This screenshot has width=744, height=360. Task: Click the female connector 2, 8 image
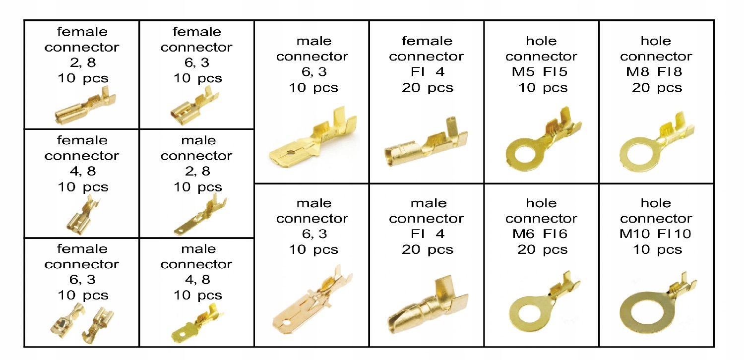point(81,108)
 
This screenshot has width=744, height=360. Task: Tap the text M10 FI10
point(656,234)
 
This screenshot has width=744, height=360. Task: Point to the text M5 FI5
point(542,72)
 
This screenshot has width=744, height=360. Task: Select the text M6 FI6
point(542,234)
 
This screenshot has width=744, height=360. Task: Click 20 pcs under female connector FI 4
point(427,88)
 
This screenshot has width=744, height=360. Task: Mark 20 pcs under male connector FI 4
point(427,250)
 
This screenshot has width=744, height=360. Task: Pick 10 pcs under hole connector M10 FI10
point(657,250)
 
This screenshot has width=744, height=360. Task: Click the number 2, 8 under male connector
point(196,172)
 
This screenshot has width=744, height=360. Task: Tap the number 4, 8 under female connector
point(81,172)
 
